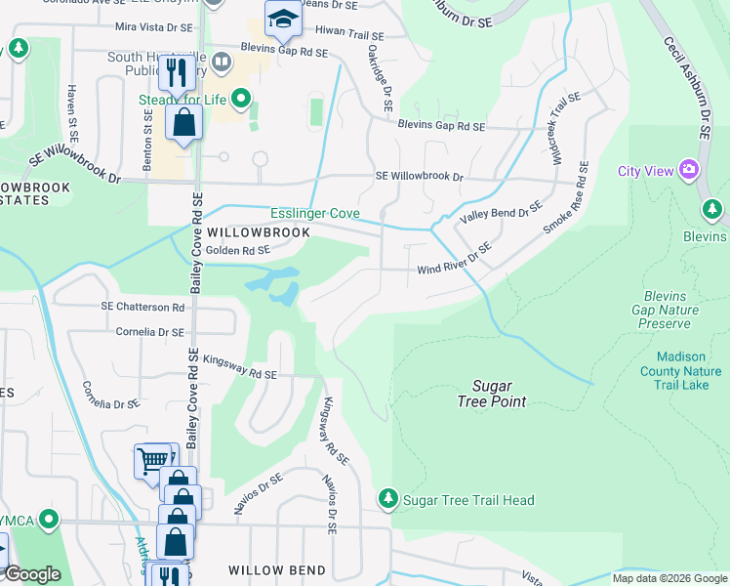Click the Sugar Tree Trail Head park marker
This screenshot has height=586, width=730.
[x=388, y=500]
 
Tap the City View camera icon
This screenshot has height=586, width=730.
[x=689, y=171]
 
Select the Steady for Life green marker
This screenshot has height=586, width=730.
[x=239, y=98]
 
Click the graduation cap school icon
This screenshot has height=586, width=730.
[x=282, y=19]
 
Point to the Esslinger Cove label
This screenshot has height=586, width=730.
[x=315, y=213]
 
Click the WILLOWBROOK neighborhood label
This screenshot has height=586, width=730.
[x=259, y=232]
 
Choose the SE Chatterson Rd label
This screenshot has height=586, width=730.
[x=142, y=307]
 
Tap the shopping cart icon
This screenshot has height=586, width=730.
[x=152, y=459]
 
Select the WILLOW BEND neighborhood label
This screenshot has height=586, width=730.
[x=269, y=569]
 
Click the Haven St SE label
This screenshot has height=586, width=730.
[x=72, y=114]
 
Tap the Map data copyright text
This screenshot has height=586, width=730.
[x=669, y=578]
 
